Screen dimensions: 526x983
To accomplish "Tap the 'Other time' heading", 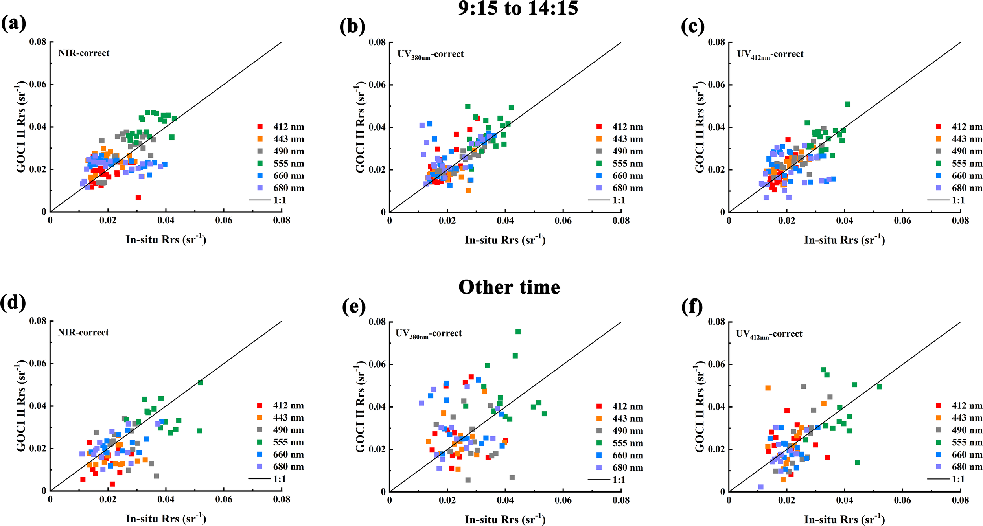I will point(509,287).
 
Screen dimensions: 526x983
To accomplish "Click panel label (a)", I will point(13,24).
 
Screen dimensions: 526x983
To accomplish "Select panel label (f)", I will point(692,307).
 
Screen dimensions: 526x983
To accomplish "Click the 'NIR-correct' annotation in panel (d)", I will point(83,333).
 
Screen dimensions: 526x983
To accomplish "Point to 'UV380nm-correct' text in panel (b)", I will point(430,54).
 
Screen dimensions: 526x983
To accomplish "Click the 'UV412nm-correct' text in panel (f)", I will point(769,334).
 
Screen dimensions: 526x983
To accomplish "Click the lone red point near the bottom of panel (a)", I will point(138,197).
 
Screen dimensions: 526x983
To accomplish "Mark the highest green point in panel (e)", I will point(518,332).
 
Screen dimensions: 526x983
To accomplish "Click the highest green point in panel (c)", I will point(847,104).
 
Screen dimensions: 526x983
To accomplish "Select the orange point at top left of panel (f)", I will point(768,388).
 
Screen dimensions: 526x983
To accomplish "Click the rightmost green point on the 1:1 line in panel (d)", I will point(201,383).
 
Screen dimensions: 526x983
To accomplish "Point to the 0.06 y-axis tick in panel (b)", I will point(376,85).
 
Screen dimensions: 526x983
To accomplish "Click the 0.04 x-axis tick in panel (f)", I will point(844,500).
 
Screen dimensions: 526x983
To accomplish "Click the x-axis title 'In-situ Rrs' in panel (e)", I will point(505,519).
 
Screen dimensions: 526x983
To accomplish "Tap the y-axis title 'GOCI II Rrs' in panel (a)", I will point(21,127).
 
